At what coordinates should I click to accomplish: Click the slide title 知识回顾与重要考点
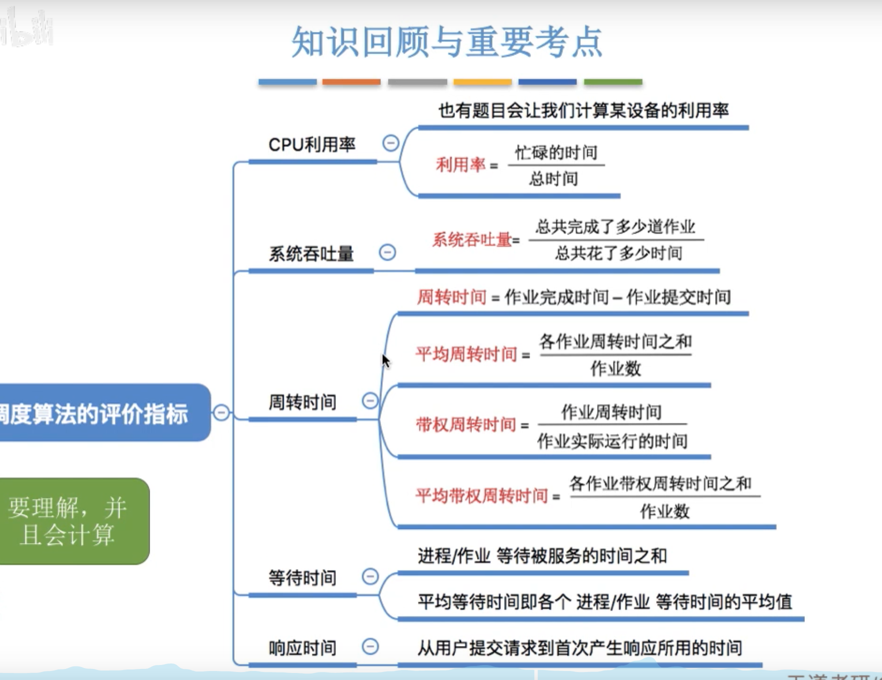(447, 42)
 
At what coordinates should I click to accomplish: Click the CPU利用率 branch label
(312, 145)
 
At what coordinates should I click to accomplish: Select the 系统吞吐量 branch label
(311, 254)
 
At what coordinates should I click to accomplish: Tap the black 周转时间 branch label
(302, 402)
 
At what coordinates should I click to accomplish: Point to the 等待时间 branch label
(302, 578)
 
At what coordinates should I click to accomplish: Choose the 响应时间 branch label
(302, 648)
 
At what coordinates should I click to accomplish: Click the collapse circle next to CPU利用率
(390, 144)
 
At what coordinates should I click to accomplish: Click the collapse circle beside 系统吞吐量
(387, 252)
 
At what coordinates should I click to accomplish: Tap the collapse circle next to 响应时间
(370, 646)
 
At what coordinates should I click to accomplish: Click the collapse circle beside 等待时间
(370, 576)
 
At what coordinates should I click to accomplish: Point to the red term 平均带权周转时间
(482, 496)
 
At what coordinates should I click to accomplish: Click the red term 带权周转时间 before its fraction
(466, 425)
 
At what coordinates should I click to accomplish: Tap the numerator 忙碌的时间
(556, 152)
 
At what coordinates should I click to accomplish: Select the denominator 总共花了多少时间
(619, 253)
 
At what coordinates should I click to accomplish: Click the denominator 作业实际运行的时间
(612, 441)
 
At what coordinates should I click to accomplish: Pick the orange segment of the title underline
(351, 82)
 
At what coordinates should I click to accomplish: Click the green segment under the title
(613, 82)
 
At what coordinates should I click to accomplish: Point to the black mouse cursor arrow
(385, 360)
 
